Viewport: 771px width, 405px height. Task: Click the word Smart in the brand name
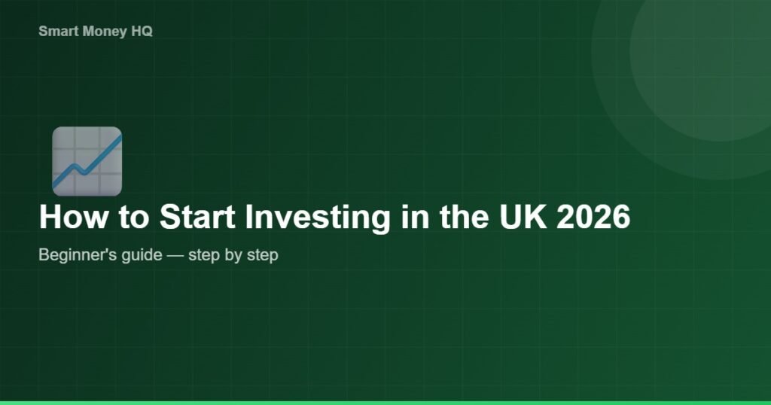pyautogui.click(x=55, y=32)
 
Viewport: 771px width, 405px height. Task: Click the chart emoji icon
pyautogui.click(x=87, y=161)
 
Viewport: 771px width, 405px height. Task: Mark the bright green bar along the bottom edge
pyautogui.click(x=385, y=403)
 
